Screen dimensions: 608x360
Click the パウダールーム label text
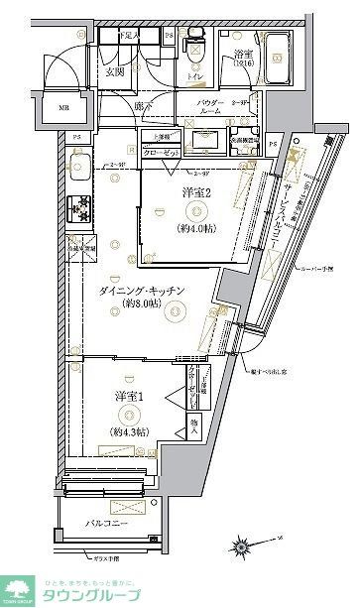pyautogui.click(x=209, y=107)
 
